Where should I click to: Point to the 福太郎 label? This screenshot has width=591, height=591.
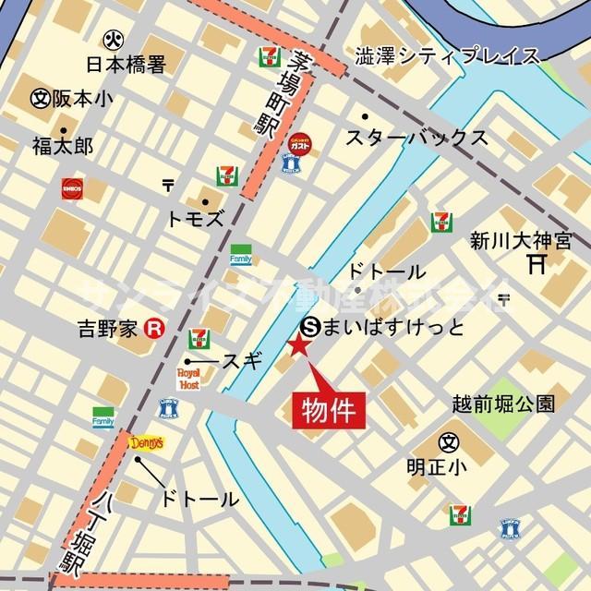pyautogui.click(x=62, y=145)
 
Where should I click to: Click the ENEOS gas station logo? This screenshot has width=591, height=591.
pyautogui.click(x=73, y=188)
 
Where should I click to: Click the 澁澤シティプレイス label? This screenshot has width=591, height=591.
pyautogui.click(x=448, y=57)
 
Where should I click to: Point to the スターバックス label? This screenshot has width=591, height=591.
pyautogui.click(x=416, y=137)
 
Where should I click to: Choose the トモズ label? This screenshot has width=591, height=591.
pyautogui.click(x=195, y=219)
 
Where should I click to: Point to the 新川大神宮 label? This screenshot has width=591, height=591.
pyautogui.click(x=508, y=242)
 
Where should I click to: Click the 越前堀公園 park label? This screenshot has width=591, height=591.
pyautogui.click(x=504, y=404)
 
